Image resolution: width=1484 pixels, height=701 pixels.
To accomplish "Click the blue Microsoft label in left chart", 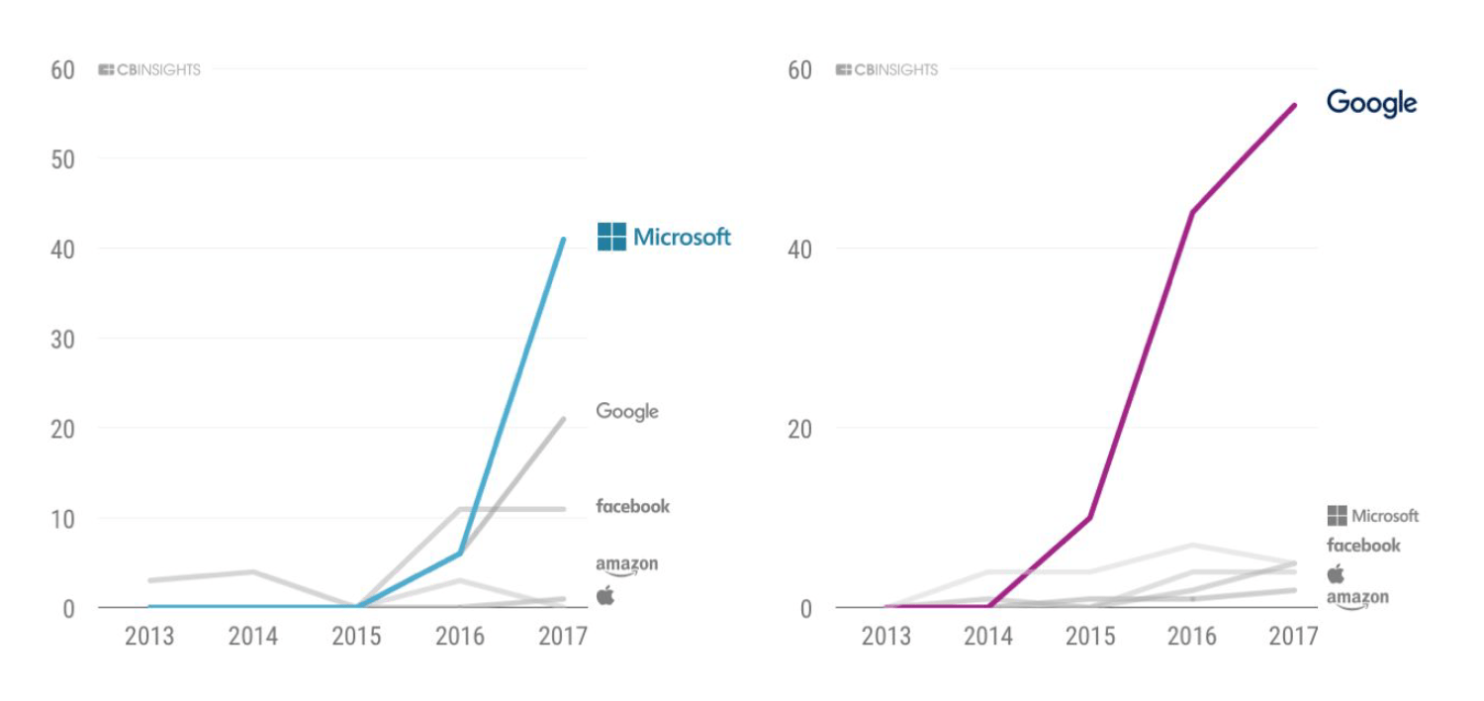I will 665,237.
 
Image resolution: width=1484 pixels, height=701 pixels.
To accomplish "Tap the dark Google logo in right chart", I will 1371,103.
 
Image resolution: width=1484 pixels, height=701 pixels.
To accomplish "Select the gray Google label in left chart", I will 627,411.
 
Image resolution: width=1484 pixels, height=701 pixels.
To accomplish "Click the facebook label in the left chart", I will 632,506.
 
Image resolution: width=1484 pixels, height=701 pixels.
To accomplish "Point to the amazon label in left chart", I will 626,565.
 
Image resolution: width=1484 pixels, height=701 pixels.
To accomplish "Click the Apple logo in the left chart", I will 605,595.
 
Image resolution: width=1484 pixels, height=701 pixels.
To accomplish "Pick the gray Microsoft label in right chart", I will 1373,516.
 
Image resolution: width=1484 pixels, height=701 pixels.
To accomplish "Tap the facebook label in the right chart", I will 1363,546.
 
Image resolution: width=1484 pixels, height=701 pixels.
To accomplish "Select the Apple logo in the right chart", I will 1336,574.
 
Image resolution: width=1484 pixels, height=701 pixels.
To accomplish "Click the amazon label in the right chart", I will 1357,599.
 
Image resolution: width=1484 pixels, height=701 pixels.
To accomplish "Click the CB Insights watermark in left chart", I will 149,70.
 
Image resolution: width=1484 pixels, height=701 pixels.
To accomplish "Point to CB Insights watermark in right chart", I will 886,70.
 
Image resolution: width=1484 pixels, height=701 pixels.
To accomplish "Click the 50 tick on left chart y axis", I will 62,159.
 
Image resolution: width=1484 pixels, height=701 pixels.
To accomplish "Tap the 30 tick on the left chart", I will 62,339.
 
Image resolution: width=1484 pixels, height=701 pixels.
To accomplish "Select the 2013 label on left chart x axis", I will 149,636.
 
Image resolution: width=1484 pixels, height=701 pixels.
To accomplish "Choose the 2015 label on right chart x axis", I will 1089,636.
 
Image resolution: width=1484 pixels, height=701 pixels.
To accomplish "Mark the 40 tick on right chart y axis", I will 799,249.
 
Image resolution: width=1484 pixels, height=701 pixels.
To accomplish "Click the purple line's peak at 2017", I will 1295,105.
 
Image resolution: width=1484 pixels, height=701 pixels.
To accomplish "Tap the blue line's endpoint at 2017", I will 564,239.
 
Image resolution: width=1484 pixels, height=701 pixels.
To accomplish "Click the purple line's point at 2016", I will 1192,212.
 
